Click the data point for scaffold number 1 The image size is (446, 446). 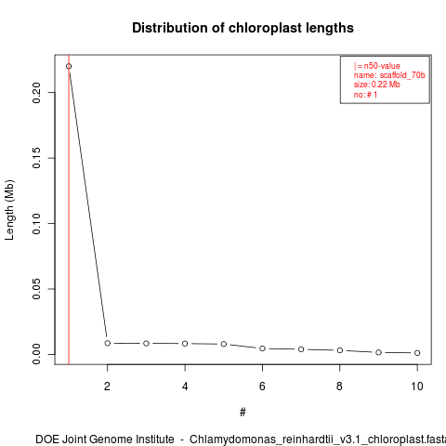coord(69,66)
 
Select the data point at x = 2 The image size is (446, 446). coord(108,343)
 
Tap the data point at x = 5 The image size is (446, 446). coord(224,344)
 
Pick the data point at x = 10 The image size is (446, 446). coord(417,353)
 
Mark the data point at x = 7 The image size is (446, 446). coord(301,349)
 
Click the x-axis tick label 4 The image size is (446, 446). coord(185,387)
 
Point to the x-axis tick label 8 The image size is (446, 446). coord(340,387)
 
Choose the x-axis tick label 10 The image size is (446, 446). coord(417,387)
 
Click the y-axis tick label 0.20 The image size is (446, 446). coord(36,92)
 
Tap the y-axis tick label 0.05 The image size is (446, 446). coord(36,289)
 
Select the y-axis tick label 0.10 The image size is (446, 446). coord(36,223)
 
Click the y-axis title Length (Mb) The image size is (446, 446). coord(10,210)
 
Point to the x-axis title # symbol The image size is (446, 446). coord(243,413)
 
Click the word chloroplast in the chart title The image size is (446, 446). coord(265,28)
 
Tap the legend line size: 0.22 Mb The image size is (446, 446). coord(377,85)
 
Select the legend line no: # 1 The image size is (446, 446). coord(365,95)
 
